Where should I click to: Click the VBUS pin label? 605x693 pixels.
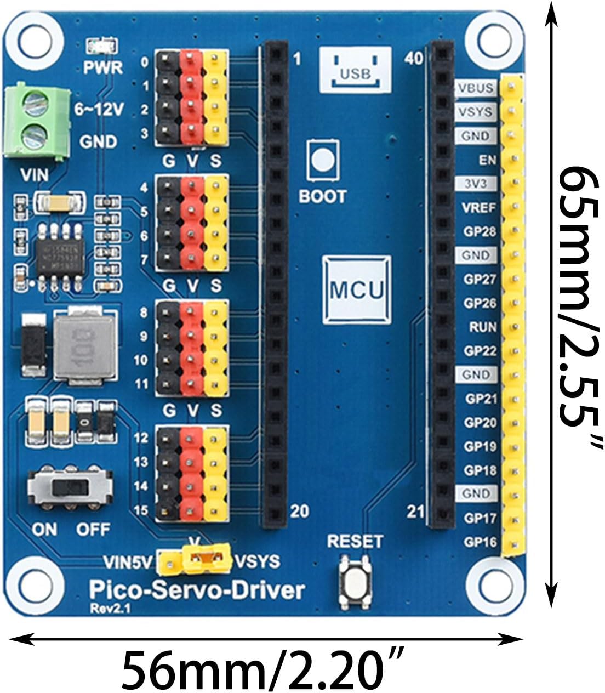pos(475,88)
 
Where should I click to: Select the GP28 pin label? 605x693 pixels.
pos(479,231)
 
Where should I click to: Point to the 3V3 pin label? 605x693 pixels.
pos(474,183)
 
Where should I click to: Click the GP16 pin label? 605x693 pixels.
pos(480,542)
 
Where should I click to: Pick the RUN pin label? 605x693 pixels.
pos(482,327)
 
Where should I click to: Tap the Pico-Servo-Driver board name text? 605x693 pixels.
pos(196,590)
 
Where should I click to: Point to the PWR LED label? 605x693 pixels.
pos(102,67)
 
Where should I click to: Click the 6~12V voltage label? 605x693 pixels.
pos(99,110)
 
